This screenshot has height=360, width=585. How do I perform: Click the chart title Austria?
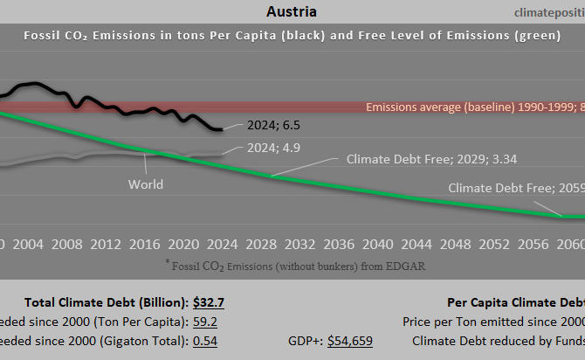292,11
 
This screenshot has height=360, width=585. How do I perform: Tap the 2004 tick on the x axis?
29,243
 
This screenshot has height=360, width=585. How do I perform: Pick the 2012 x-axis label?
106,243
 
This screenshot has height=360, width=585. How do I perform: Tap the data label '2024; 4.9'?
273,149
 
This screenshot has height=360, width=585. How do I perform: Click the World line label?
146,184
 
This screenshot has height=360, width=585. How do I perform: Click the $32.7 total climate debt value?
208,303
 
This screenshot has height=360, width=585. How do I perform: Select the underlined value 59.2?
206,322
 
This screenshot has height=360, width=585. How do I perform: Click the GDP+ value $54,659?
350,341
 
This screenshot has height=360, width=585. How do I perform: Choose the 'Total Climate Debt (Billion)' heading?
107,303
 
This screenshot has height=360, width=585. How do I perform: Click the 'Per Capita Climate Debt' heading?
515,303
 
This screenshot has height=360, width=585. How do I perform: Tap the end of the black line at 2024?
221,129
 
